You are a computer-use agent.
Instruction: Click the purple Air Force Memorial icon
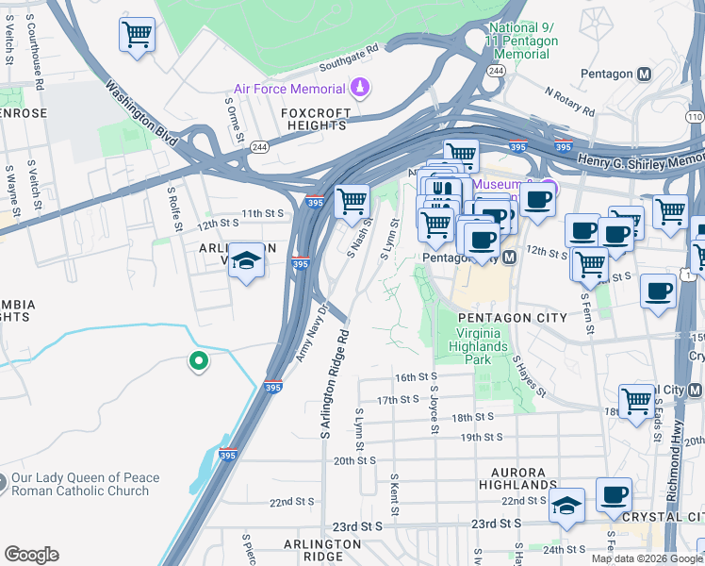point(358,90)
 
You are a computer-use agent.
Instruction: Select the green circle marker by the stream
point(198,360)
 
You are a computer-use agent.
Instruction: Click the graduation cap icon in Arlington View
point(246,260)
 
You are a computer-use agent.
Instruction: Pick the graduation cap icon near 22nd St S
point(566,506)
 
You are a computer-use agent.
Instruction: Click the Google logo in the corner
point(31,555)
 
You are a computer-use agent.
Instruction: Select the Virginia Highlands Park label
point(487,346)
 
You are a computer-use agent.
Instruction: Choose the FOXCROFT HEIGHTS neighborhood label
point(316,120)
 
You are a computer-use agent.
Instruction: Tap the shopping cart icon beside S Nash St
point(352,200)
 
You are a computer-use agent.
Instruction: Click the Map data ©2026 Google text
point(646,558)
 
